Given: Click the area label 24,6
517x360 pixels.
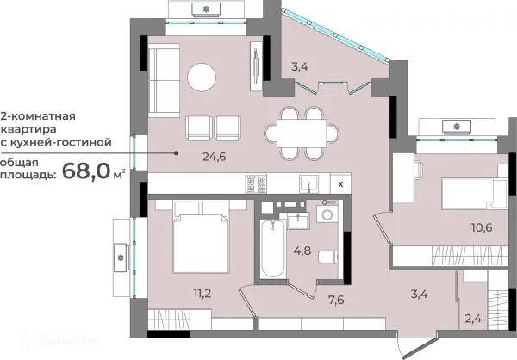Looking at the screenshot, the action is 215,157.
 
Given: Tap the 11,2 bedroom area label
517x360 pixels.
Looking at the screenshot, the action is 202,293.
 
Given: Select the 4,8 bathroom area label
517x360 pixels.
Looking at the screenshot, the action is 302,251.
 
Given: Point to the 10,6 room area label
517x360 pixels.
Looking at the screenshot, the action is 482,227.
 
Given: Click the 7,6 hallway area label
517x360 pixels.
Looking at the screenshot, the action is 336,300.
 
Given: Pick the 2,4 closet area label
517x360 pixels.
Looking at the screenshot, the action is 473,319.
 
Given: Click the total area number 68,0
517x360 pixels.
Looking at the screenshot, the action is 85,171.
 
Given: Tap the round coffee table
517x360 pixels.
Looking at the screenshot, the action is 202,78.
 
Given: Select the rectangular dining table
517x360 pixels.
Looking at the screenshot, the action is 302,133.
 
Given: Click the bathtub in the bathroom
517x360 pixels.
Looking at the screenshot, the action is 272,249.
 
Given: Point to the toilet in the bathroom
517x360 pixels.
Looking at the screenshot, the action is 328,258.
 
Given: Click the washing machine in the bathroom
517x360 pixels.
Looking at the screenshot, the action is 327,214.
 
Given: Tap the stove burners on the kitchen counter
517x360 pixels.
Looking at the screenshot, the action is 256,184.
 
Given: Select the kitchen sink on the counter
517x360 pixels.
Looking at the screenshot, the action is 308,184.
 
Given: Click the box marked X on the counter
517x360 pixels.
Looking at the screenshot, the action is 340,184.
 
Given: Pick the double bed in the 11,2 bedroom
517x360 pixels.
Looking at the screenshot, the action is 201,237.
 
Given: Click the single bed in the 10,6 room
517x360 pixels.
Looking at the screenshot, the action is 474,194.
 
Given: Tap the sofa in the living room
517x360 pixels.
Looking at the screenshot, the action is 164,81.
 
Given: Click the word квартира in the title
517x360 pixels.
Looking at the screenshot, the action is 28,129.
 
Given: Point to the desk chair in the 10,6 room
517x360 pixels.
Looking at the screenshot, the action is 418,171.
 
